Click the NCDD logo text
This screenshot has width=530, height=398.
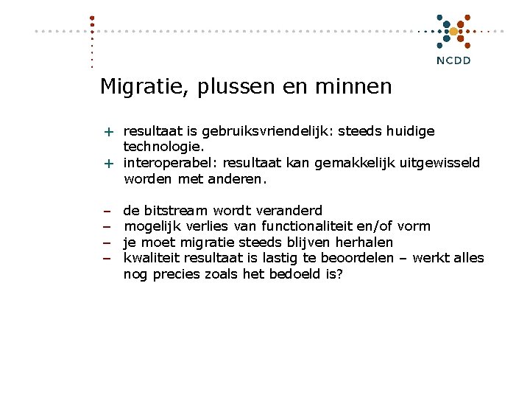coord(453,60)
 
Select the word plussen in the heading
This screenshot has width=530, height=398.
coord(238,88)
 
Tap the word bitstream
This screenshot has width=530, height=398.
coord(177,211)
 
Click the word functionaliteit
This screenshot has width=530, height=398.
coord(308,226)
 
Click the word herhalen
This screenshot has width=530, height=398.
coord(364,242)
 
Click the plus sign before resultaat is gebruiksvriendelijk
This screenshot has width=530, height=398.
coord(107,132)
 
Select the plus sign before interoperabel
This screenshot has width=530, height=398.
coord(107,163)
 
